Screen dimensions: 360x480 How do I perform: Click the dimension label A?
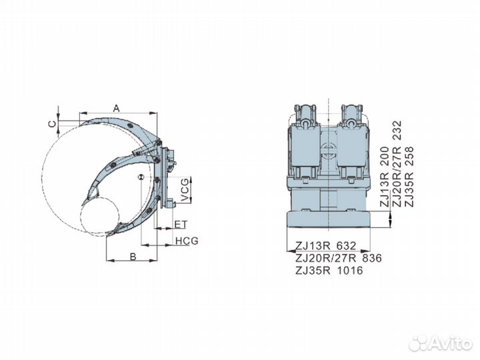point(116,107)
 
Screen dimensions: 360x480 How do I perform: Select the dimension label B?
point(133,255)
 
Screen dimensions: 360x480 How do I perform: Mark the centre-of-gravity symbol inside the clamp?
point(141,176)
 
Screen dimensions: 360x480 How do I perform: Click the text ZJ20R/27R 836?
point(338,258)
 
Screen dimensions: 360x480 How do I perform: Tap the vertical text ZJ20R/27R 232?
point(397,164)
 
